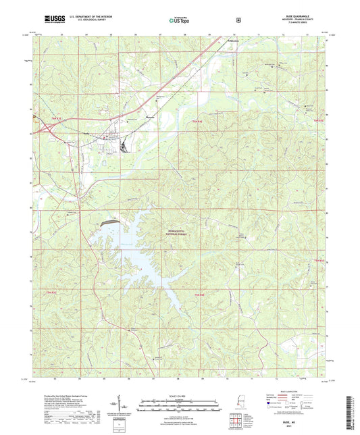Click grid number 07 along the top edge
click(x=160, y=33)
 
